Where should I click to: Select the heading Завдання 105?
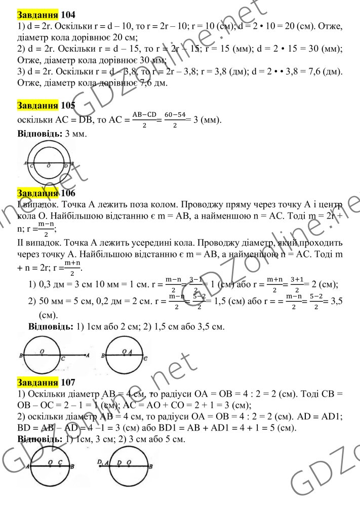46,106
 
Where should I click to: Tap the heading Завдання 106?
46,193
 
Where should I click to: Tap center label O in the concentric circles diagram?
49,165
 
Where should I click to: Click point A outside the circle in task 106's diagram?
89,356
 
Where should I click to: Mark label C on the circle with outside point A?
62,359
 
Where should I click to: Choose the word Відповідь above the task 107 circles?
39,439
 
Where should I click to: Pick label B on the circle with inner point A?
103,356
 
